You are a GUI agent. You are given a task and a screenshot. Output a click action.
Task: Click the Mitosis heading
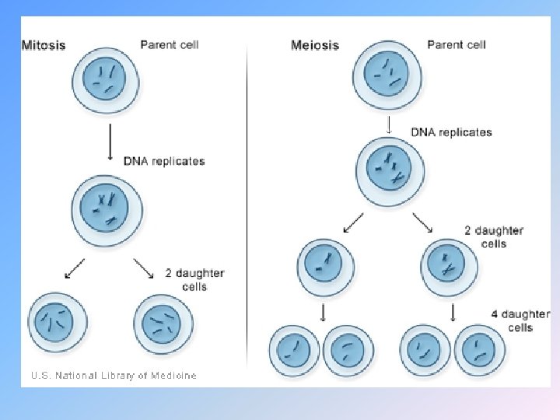click(44, 45)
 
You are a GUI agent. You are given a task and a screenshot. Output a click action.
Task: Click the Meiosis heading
click(315, 45)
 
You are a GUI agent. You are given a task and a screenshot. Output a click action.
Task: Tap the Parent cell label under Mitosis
click(170, 44)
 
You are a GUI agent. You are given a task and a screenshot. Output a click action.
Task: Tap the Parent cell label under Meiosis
click(457, 44)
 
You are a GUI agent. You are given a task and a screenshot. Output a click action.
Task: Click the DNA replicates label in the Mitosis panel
click(164, 161)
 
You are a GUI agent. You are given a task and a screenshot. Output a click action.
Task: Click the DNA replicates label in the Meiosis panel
click(451, 132)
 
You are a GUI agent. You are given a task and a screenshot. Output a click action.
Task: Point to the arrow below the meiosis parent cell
click(388, 124)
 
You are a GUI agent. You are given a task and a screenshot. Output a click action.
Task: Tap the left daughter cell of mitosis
click(58, 321)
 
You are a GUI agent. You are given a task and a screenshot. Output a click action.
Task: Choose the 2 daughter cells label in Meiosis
click(494, 236)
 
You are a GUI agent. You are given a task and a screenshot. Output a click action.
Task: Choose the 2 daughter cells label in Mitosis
click(194, 279)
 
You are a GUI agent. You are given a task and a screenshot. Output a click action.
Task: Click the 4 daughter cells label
click(520, 320)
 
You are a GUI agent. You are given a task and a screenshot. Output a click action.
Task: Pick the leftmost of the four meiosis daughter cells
click(295, 348)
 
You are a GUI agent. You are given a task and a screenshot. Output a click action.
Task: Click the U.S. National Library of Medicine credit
click(114, 376)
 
